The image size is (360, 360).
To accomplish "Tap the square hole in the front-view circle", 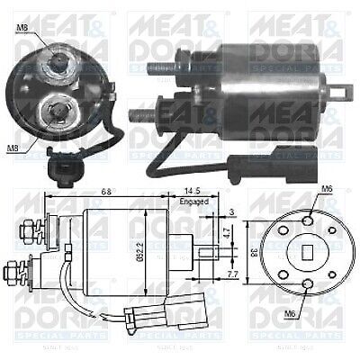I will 302,253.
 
